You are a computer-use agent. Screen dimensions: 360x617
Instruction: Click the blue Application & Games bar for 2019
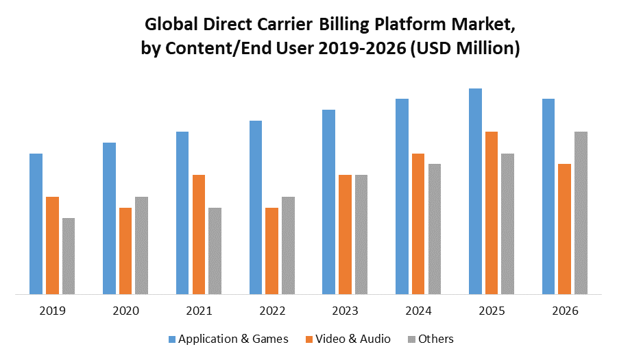[36, 224]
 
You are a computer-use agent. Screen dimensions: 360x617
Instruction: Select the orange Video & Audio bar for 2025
[491, 213]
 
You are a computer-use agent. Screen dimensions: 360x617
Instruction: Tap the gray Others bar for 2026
[581, 213]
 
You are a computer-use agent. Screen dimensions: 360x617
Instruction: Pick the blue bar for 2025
[475, 191]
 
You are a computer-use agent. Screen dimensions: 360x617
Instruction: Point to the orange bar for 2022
[271, 251]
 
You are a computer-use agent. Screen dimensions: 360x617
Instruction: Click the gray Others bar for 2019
[69, 256]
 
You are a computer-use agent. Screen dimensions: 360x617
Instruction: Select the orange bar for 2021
[199, 235]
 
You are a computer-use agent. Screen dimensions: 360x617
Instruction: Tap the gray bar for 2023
[361, 235]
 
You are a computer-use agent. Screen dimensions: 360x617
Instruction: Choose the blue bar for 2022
[255, 208]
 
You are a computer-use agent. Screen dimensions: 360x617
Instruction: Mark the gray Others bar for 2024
[435, 229]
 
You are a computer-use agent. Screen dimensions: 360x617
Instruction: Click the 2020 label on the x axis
[125, 311]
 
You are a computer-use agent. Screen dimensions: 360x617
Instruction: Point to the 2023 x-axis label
[345, 311]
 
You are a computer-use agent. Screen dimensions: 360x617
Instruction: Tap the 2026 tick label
[564, 311]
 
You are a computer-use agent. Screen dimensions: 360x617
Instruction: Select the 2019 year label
[52, 311]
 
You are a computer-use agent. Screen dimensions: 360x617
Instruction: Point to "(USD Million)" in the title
[464, 49]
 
